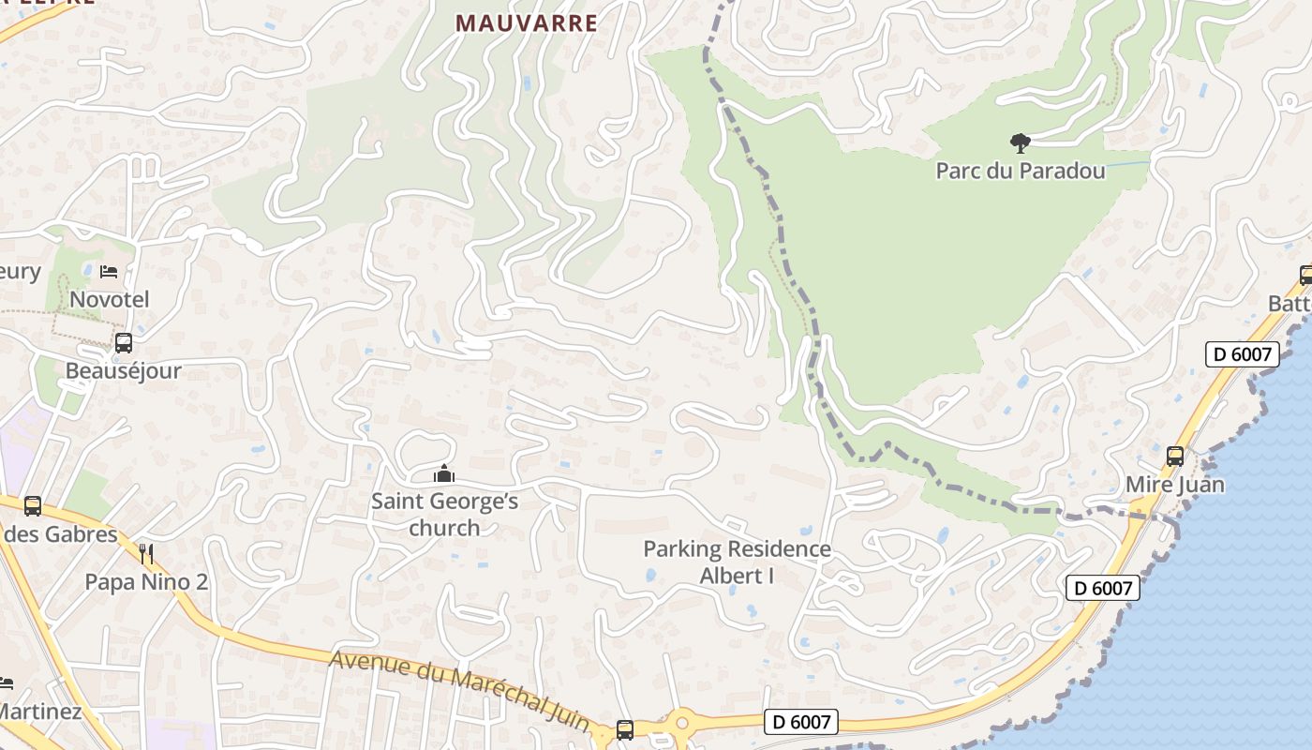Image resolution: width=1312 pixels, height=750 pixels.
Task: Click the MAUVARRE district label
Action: pos(527,22)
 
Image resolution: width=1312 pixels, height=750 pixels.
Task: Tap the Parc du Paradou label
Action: pos(1021,172)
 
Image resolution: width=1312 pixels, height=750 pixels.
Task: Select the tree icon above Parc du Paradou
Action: pos(1020,143)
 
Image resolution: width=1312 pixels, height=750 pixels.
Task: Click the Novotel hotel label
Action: pos(110,300)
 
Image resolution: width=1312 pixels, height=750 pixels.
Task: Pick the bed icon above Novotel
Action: pos(109,272)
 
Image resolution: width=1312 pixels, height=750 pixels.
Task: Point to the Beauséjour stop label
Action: pos(123,370)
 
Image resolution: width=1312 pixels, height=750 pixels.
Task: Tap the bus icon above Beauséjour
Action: pos(123,343)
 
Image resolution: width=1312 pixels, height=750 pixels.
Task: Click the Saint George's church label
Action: pos(444,514)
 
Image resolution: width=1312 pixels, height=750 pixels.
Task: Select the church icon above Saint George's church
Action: pos(444,474)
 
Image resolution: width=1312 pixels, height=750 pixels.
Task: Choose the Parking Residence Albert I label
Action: pos(737,562)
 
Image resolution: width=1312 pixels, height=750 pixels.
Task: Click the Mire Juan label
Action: pos(1175,485)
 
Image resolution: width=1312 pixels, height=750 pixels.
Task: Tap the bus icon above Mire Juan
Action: pos(1175,457)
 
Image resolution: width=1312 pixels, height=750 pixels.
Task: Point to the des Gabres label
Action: pos(60,534)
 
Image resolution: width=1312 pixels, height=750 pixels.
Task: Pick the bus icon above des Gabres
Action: pos(33,506)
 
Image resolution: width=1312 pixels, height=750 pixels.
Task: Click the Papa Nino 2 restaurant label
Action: pos(146,582)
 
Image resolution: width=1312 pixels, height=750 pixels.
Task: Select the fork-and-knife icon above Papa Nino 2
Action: pos(145,553)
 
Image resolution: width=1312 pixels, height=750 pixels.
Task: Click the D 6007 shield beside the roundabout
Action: pos(800,722)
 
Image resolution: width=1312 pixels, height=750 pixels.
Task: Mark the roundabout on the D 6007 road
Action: pos(681,723)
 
